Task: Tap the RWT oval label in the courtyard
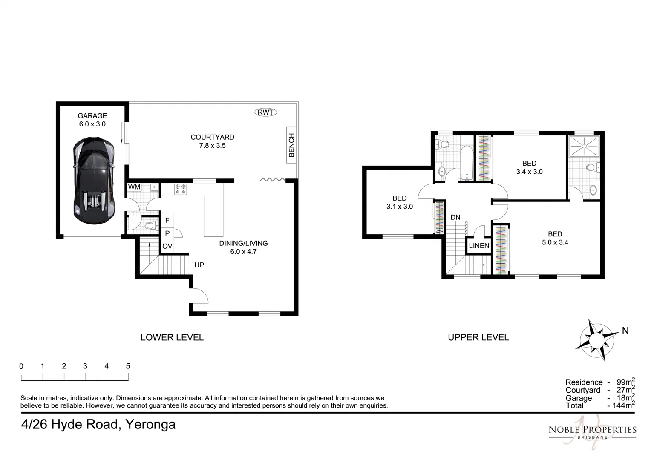pos(265,112)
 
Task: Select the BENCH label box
pos(291,145)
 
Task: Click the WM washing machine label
pos(134,187)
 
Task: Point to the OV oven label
pos(167,246)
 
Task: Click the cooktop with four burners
pos(180,189)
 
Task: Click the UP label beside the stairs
pos(199,265)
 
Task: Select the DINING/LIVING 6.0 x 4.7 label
pos(243,247)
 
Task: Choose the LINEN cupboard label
pos(479,246)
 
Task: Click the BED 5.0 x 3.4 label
pos(555,238)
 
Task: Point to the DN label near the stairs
pos(455,217)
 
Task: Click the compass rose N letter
pos(625,331)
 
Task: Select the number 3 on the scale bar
pos(85,366)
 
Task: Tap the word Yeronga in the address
pos(150,424)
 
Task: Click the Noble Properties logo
pos(592,430)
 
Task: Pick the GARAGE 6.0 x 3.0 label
pos(92,120)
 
